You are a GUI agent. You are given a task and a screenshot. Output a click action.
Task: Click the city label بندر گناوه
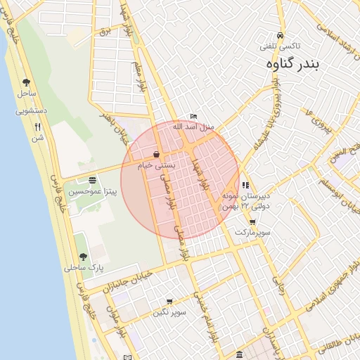(x=294, y=64)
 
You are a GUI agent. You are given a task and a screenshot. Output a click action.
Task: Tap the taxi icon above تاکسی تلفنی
(x=281, y=35)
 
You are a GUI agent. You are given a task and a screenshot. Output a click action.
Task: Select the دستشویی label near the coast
(x=31, y=110)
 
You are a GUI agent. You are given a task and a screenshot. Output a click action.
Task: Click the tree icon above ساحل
(x=27, y=82)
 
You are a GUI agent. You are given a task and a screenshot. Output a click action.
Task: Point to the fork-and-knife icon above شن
(x=37, y=127)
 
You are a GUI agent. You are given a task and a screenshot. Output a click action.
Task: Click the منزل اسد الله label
(x=193, y=127)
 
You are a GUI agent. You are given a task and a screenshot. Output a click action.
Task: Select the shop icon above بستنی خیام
(x=156, y=155)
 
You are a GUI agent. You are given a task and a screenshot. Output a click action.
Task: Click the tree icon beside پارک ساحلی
(x=83, y=257)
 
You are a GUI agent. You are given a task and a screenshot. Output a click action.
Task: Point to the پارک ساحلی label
(x=84, y=268)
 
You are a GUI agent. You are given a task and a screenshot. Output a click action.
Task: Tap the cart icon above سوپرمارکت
(x=252, y=222)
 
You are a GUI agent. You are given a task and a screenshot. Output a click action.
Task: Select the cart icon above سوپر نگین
(x=169, y=302)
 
